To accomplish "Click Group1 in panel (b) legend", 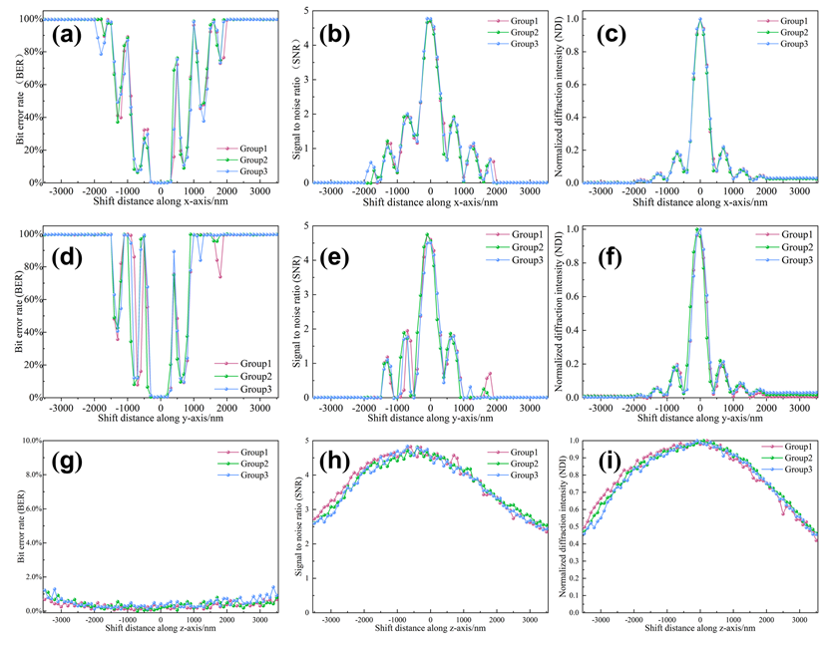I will pos(516,20).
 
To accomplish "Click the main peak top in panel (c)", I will pos(700,19).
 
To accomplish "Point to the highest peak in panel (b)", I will pos(429,18).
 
